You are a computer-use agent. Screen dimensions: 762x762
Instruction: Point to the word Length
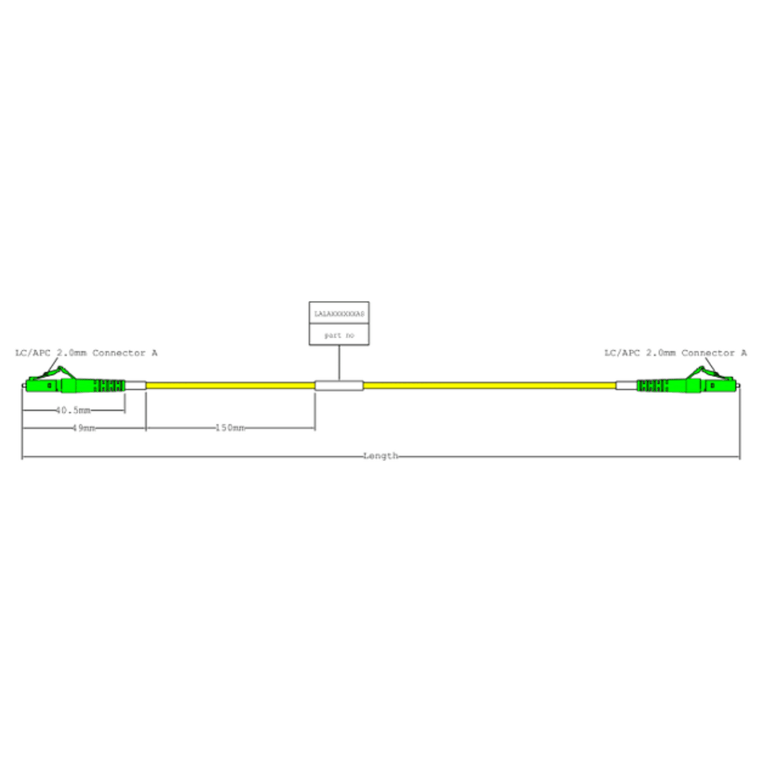(x=380, y=455)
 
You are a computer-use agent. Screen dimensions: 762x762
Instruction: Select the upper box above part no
(x=339, y=313)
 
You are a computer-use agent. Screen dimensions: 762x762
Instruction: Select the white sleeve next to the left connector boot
(x=136, y=385)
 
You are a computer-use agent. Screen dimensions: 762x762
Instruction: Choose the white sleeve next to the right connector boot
(x=625, y=385)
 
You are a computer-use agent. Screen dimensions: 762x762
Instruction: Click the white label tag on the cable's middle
(x=339, y=385)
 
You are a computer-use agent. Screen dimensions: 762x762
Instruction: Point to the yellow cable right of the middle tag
(x=489, y=385)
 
